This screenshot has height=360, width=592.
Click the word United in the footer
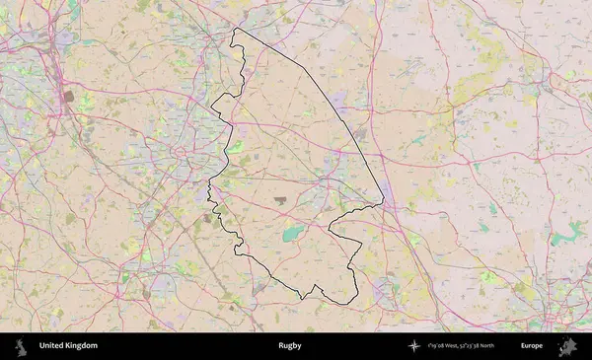(x=52, y=346)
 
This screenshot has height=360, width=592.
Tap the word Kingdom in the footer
(x=82, y=346)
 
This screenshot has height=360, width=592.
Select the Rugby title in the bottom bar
(x=289, y=346)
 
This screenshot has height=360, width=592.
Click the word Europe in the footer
(x=532, y=346)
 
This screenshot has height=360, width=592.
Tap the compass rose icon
(x=415, y=346)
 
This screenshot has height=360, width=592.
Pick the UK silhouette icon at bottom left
(x=20, y=346)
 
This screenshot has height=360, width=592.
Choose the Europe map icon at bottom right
(x=566, y=346)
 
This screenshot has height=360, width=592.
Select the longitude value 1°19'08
(x=437, y=346)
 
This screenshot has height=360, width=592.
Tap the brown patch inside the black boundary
(x=281, y=199)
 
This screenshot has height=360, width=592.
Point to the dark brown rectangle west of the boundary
(x=68, y=98)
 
